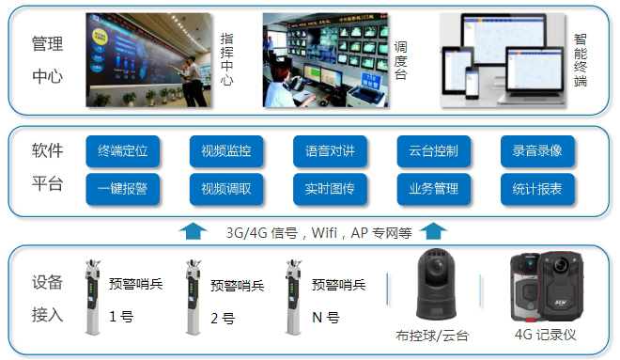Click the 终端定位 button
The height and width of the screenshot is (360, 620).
(x=123, y=150)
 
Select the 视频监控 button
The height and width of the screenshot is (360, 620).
(x=226, y=150)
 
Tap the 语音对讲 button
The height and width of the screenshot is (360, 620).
(x=330, y=150)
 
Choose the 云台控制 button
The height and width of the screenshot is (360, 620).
(x=433, y=150)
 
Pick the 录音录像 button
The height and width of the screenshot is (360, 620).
(x=536, y=150)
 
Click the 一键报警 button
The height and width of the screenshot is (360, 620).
(x=123, y=189)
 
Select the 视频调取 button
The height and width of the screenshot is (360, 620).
(x=226, y=189)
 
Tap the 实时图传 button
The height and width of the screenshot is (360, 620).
(x=330, y=189)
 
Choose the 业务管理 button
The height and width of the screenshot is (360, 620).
(x=433, y=189)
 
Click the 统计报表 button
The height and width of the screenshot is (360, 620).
(x=536, y=189)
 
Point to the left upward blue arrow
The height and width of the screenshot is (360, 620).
(x=192, y=230)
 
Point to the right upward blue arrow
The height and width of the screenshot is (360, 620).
(x=435, y=230)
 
